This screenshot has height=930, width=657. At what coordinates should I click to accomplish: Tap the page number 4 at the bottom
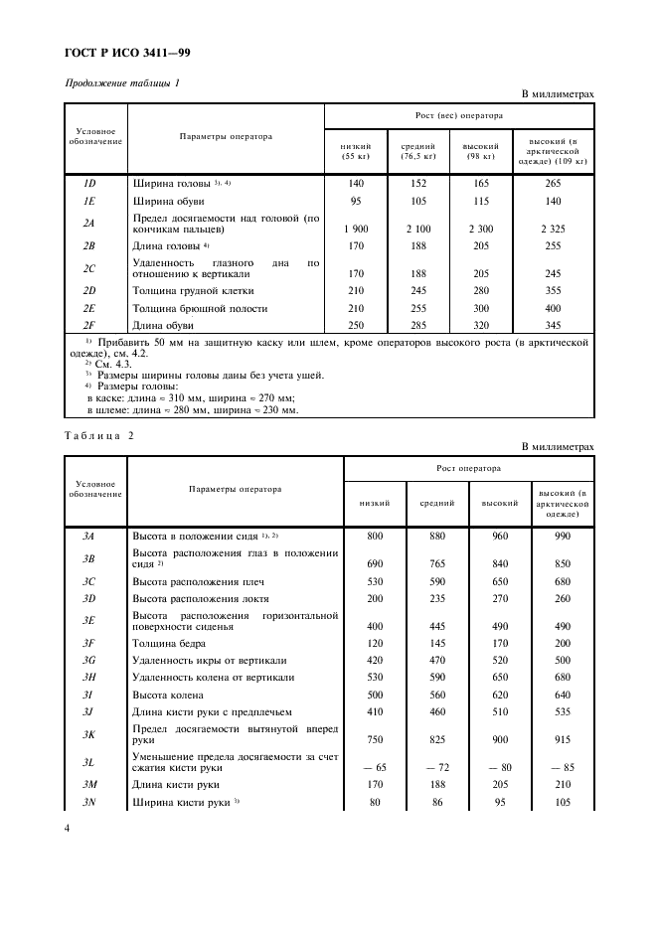(x=67, y=825)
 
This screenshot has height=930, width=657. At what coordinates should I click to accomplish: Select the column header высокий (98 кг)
(x=480, y=150)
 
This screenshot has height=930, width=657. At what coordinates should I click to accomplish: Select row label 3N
(x=88, y=801)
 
